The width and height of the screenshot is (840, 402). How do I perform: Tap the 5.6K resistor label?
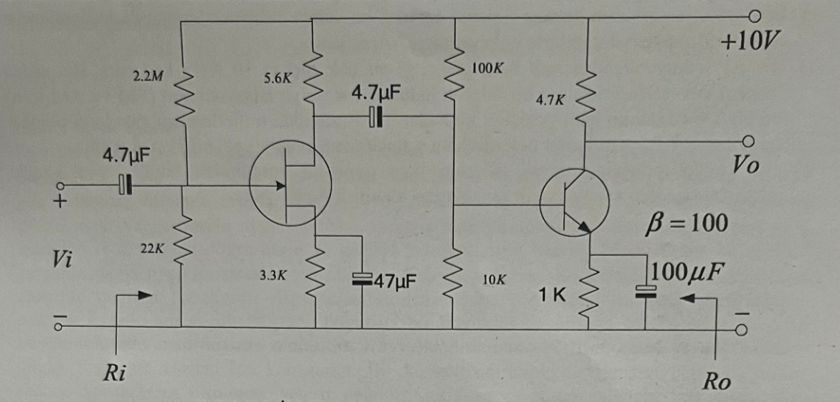point(278,78)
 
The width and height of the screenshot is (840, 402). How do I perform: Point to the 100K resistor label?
point(487,69)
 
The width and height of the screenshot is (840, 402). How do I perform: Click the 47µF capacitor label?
point(396,280)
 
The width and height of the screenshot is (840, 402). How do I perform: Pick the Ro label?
point(716,381)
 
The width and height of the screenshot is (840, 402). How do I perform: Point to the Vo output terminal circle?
point(748,141)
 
